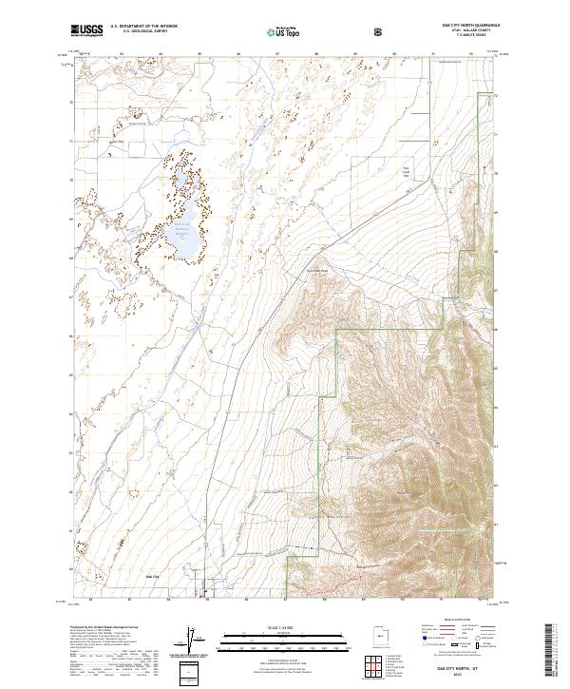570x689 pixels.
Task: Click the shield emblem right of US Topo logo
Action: click(380, 31)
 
